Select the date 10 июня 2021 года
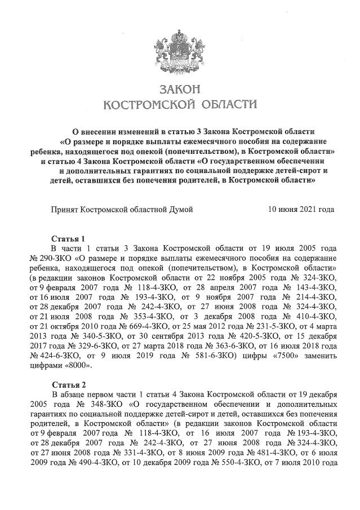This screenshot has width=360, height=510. coord(301,209)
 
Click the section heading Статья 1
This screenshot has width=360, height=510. coord(68,237)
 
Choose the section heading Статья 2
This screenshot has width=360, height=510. coord(68,384)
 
